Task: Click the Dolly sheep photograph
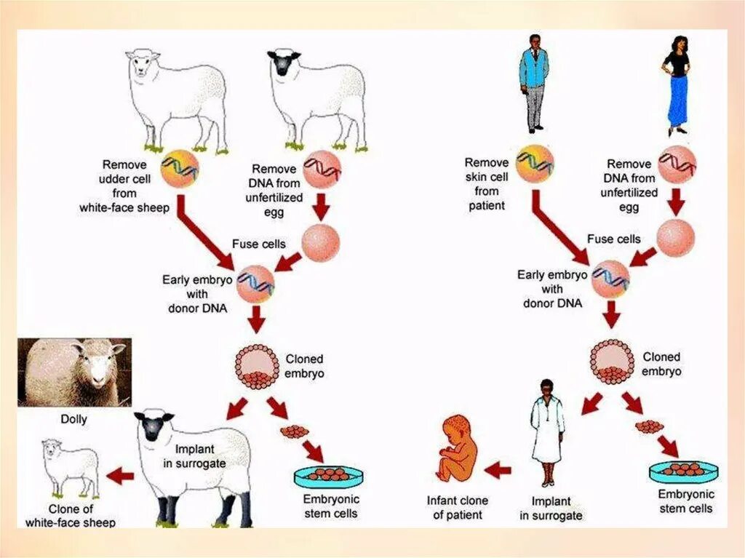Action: (x=74, y=372)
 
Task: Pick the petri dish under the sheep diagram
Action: (x=328, y=477)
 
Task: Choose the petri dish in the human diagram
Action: (x=684, y=471)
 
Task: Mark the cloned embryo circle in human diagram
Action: (x=612, y=362)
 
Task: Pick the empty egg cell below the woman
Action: (x=676, y=239)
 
